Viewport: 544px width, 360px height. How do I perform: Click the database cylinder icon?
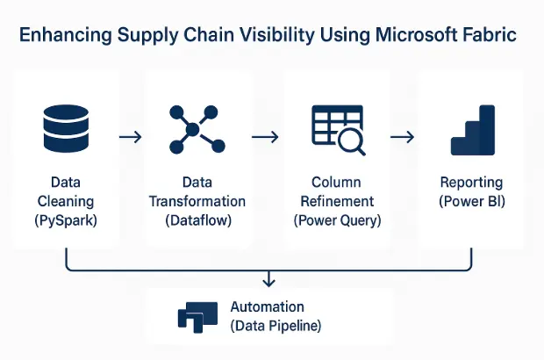(67, 128)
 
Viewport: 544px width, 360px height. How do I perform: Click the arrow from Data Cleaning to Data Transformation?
(130, 137)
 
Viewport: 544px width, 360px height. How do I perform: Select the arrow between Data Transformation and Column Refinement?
(265, 137)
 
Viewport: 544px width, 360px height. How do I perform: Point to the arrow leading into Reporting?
(403, 137)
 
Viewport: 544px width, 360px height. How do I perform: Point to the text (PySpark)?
(67, 220)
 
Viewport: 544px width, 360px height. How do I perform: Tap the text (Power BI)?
(472, 201)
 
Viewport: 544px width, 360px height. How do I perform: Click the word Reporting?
(472, 183)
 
